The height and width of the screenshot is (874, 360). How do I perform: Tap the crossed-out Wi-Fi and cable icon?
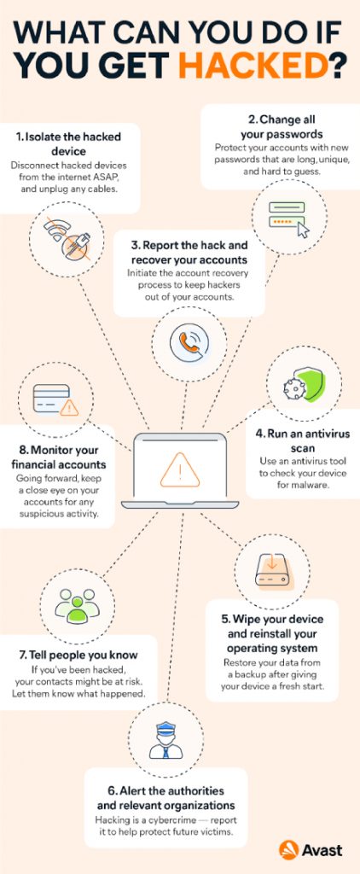click(x=67, y=240)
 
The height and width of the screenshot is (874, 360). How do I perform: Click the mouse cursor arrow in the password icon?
click(x=303, y=230)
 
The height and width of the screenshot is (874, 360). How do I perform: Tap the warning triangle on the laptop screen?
click(x=179, y=469)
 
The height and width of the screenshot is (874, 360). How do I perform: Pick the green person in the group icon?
click(x=77, y=610)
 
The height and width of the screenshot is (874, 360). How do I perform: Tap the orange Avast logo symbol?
click(x=288, y=849)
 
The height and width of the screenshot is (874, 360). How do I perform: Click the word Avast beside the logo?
click(x=322, y=850)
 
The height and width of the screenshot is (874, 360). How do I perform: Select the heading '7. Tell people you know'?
click(x=74, y=655)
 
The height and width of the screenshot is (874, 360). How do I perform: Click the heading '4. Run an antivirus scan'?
click(x=303, y=440)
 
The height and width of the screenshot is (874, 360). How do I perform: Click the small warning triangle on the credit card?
click(x=69, y=408)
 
